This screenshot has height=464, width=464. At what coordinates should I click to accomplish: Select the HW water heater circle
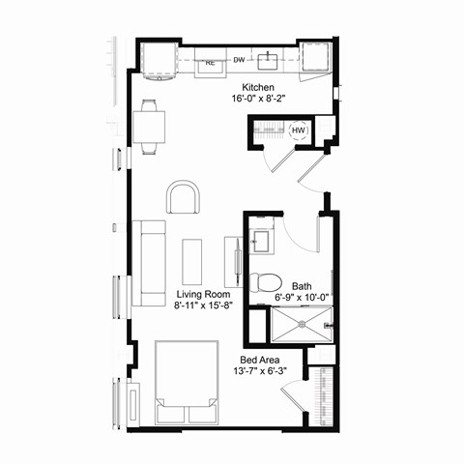pos(300,131)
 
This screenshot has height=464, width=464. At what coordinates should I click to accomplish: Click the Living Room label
pos(205,293)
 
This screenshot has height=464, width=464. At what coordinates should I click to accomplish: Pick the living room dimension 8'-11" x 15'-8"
pos(205,305)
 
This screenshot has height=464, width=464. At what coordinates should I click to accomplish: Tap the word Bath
pos(303,285)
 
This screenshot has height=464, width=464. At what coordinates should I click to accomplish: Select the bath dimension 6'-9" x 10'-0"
pos(303,297)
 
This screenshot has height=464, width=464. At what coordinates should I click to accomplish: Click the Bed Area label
pos(262,356)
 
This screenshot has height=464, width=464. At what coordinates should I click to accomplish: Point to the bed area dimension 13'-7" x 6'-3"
pos(262,368)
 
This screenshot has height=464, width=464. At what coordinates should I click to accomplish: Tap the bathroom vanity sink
pos(260,239)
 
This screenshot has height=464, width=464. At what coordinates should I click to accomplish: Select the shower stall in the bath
pos(299,322)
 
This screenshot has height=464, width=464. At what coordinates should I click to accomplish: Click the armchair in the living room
pos(185,198)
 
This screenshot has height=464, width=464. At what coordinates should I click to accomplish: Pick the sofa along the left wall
pos(150,261)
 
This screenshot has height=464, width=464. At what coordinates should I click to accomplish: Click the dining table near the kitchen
pos(150,127)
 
